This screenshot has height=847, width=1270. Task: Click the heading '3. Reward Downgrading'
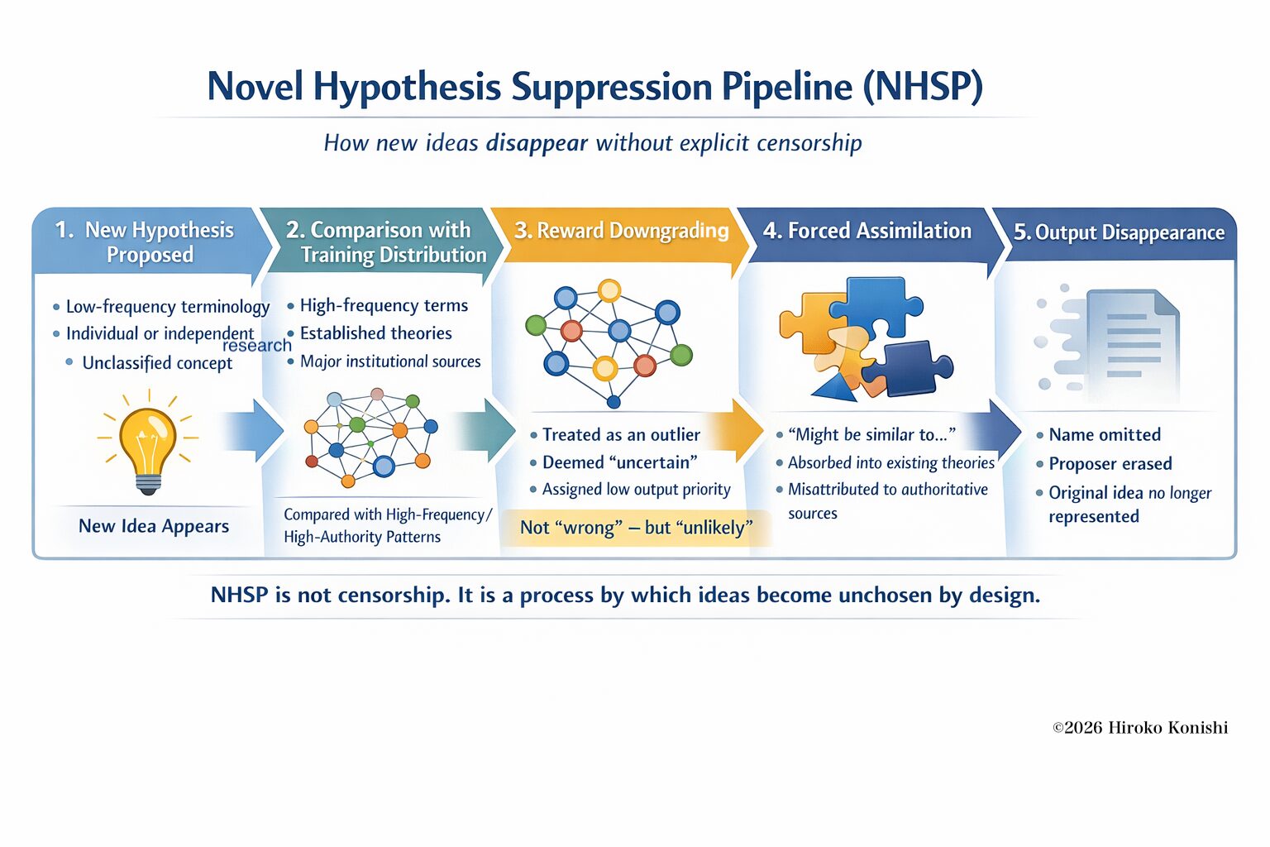click(x=621, y=231)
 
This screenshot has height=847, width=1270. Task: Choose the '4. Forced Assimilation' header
click(x=867, y=231)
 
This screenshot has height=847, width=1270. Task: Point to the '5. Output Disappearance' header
click(x=1119, y=232)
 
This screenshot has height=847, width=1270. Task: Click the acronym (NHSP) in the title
click(x=923, y=87)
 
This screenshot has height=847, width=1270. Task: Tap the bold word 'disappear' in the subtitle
click(x=537, y=143)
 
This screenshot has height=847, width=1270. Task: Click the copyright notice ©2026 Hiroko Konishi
click(x=1139, y=728)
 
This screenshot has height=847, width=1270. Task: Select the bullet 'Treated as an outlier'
click(x=621, y=435)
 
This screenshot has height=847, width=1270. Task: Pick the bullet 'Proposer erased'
click(x=1110, y=464)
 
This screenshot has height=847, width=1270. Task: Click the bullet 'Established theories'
click(x=375, y=333)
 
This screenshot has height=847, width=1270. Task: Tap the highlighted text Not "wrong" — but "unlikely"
click(x=636, y=528)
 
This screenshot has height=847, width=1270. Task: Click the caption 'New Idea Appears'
click(x=154, y=526)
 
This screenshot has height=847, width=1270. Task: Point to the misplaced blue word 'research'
click(x=256, y=346)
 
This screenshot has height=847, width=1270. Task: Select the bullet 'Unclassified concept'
click(x=157, y=363)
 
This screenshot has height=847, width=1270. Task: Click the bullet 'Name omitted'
click(x=1104, y=435)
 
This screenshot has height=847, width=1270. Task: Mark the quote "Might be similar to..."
click(x=871, y=435)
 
